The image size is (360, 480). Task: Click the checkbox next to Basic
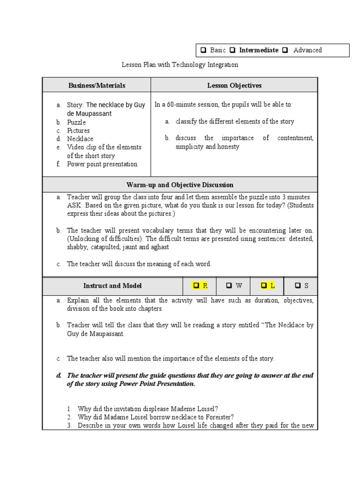coord(203,50)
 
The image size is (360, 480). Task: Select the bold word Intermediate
coord(258,50)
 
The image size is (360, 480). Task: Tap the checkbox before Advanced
coord(285,50)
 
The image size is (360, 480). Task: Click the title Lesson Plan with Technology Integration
coord(180,65)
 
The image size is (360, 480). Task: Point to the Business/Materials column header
coord(97,85)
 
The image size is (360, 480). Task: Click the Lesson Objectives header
coord(234,85)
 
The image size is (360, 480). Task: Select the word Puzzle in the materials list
coord(76,122)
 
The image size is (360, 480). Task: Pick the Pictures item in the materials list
coord(78,131)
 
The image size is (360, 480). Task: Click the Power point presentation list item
coord(102,164)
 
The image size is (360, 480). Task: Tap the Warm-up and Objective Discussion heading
coord(180,185)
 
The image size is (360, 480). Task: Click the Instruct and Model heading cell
coord(112,285)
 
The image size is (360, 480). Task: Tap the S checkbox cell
coord(301,285)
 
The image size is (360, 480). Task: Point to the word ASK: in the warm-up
coord(75,205)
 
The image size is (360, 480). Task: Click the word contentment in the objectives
coord(295,138)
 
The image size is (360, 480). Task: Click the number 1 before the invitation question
coord(68,409)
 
